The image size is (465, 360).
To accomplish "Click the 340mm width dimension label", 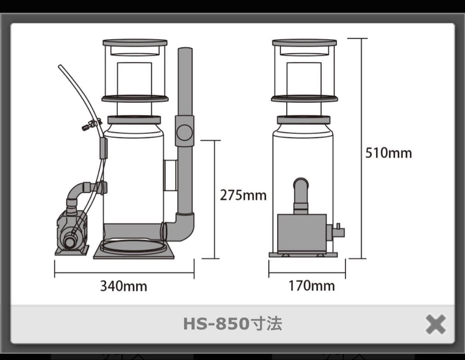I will click(124, 286).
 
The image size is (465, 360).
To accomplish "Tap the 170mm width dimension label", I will click(311, 286).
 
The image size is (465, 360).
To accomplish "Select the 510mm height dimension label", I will click(388, 153).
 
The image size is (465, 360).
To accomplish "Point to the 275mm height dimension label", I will click(243, 195).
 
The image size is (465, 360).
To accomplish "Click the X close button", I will click(435, 324).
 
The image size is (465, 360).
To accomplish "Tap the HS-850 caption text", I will click(232, 324).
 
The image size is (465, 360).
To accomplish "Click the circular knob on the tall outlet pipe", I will click(185, 132).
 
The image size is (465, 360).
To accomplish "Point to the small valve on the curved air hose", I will click(90, 126).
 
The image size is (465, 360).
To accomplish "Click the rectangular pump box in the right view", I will click(301, 233).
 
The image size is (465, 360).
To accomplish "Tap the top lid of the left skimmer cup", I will click(135, 42).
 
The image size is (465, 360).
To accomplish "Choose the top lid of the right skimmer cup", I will click(304, 42).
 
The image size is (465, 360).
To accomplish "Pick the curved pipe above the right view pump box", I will click(301, 189).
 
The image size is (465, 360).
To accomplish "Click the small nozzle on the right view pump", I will click(338, 231).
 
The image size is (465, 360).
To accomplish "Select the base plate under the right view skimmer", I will click(303, 255).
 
